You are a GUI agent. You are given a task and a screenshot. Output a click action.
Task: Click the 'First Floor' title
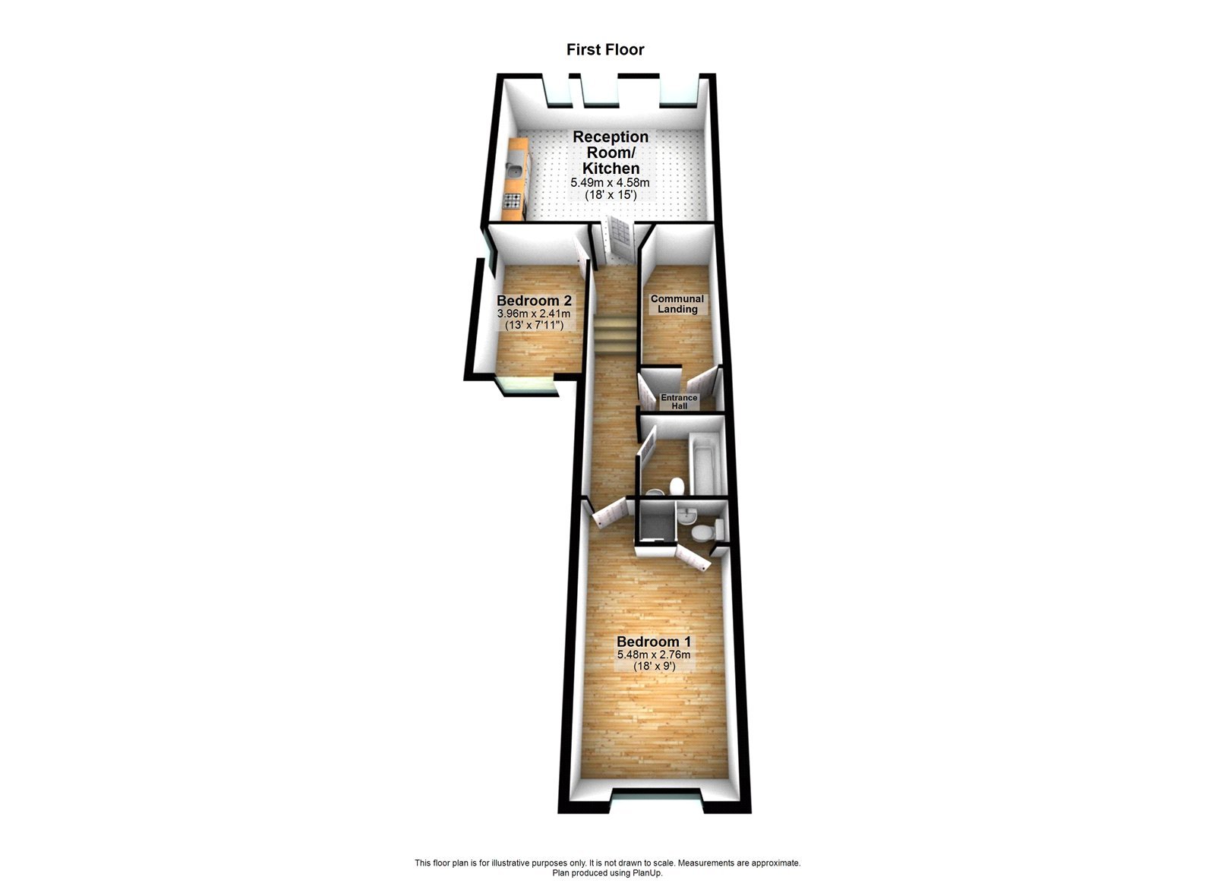pyautogui.click(x=605, y=50)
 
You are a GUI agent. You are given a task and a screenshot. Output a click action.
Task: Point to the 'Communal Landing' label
pyautogui.click(x=677, y=304)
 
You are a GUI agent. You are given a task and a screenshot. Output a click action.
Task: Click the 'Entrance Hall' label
pyautogui.click(x=679, y=402)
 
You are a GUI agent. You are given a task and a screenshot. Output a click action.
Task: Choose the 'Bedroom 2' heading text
pyautogui.click(x=534, y=301)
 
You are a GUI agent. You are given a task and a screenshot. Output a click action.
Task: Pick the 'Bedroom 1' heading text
pyautogui.click(x=654, y=642)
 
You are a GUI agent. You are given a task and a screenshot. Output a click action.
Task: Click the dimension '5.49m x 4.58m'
pyautogui.click(x=610, y=183)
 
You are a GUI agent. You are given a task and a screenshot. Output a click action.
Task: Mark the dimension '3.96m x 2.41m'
pyautogui.click(x=533, y=313)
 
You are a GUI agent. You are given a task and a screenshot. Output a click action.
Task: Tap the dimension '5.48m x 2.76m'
pyautogui.click(x=654, y=654)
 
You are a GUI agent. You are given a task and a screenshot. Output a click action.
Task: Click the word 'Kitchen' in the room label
pyautogui.click(x=611, y=169)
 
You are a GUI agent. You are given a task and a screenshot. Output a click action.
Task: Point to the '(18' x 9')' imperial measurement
pyautogui.click(x=654, y=667)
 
